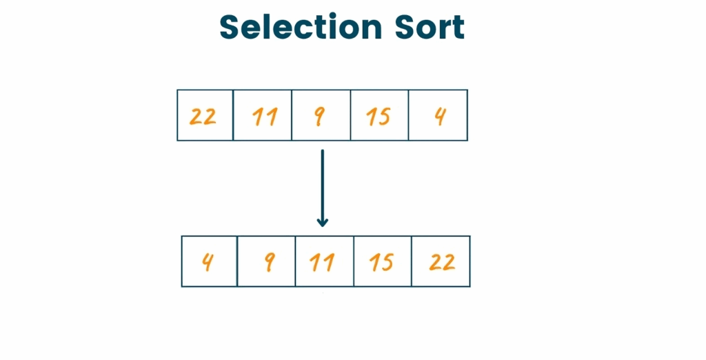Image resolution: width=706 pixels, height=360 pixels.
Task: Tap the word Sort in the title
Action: click(x=430, y=27)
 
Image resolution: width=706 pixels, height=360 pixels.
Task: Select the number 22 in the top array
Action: click(x=203, y=117)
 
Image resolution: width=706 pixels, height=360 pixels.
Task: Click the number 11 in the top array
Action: click(x=265, y=117)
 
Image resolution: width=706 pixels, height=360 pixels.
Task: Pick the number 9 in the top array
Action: click(x=319, y=117)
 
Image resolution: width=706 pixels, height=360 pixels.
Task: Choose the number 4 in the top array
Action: click(x=440, y=117)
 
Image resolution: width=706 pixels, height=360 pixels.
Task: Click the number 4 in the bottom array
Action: click(x=207, y=262)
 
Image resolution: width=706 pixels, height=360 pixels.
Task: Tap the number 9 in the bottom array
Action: click(x=270, y=263)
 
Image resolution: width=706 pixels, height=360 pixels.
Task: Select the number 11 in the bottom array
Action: click(x=322, y=263)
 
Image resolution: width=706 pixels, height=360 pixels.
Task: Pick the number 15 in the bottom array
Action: click(x=381, y=263)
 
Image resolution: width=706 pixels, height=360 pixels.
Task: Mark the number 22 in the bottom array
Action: click(x=442, y=262)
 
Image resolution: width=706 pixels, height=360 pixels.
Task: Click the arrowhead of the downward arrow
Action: click(x=323, y=223)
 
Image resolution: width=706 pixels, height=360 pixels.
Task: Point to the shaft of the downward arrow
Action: click(x=323, y=186)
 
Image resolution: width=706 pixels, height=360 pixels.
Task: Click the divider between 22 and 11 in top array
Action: click(x=233, y=115)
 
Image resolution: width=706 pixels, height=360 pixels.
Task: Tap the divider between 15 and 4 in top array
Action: click(x=408, y=115)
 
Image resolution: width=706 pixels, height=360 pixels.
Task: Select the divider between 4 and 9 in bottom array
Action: click(x=237, y=261)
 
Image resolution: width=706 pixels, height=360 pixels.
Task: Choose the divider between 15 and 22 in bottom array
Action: click(x=412, y=261)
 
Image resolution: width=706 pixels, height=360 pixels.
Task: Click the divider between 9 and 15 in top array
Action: click(x=350, y=115)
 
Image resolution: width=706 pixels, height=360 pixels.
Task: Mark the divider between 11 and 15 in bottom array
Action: click(x=354, y=261)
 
